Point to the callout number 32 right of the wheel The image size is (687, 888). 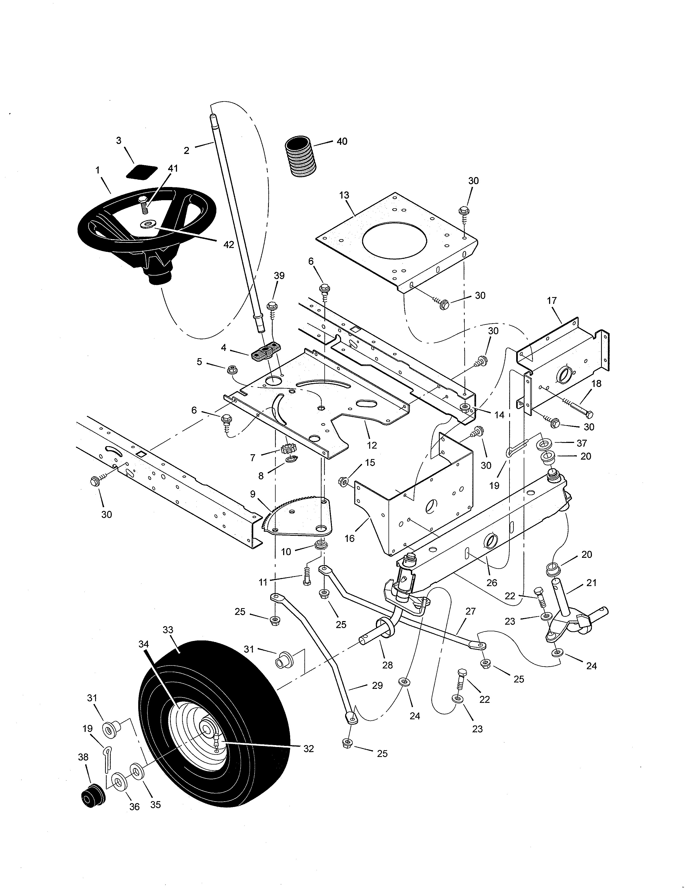coord(308,749)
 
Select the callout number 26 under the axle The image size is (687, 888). coord(492,583)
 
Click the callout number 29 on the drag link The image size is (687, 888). coord(377,686)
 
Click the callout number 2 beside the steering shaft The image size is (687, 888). coord(186,150)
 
